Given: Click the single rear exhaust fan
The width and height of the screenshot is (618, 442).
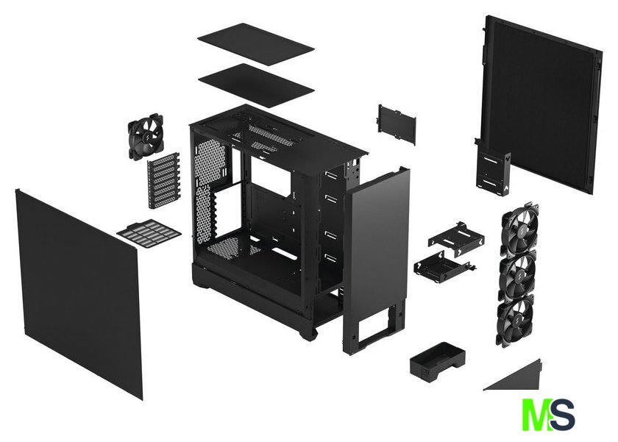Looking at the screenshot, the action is [x=145, y=136].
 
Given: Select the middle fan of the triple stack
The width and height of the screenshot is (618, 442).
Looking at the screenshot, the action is [x=517, y=275].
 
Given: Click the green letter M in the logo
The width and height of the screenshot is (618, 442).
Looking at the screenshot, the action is [x=536, y=415].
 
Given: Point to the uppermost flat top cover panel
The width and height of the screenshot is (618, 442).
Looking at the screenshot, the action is [x=256, y=44].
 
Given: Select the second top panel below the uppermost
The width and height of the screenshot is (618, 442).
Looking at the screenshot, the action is [x=256, y=84].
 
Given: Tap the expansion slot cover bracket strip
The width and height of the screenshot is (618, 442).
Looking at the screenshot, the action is [x=163, y=179].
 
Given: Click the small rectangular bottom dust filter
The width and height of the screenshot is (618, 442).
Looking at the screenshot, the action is [x=149, y=234].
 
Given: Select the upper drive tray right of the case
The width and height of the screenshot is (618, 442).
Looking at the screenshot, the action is [x=456, y=239].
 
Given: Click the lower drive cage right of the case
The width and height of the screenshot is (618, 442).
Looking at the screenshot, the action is [x=441, y=265].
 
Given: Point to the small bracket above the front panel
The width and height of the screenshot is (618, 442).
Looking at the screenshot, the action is [x=397, y=124].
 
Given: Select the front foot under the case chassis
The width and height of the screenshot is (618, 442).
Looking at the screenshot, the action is [x=308, y=332].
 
